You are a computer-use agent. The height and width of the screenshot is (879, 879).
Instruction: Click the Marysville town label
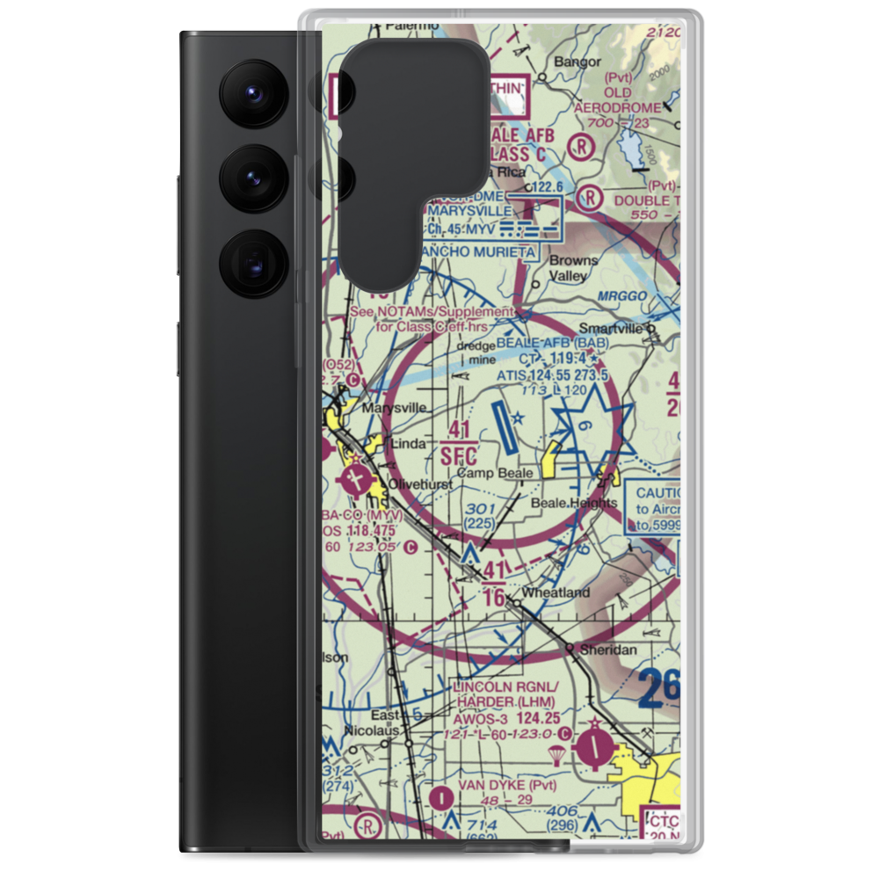tap(396, 408)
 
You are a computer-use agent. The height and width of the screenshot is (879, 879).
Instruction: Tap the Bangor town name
tap(577, 62)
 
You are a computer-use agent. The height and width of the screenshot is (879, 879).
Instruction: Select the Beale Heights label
tap(575, 503)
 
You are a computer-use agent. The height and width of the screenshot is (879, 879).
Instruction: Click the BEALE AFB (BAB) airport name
tap(547, 342)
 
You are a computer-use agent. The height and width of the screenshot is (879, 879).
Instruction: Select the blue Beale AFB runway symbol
tap(501, 430)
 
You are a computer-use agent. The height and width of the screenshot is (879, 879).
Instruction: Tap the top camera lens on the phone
tap(248, 91)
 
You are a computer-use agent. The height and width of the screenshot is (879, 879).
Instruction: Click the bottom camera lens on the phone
tap(248, 261)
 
